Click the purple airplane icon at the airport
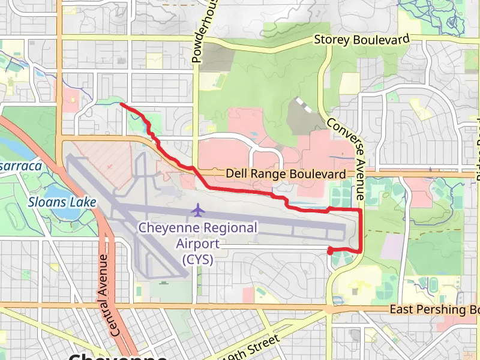coord(197,211)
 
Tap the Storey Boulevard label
coord(362,40)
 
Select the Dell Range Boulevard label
coord(286,174)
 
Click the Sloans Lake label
coord(62,202)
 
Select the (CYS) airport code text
coord(197,260)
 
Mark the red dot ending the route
coord(330,251)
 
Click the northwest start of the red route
coord(122,104)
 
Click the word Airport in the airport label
coord(197,244)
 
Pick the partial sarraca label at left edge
coord(20,166)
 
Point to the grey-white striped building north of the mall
coord(304,106)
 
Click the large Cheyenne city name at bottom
coord(118,355)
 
